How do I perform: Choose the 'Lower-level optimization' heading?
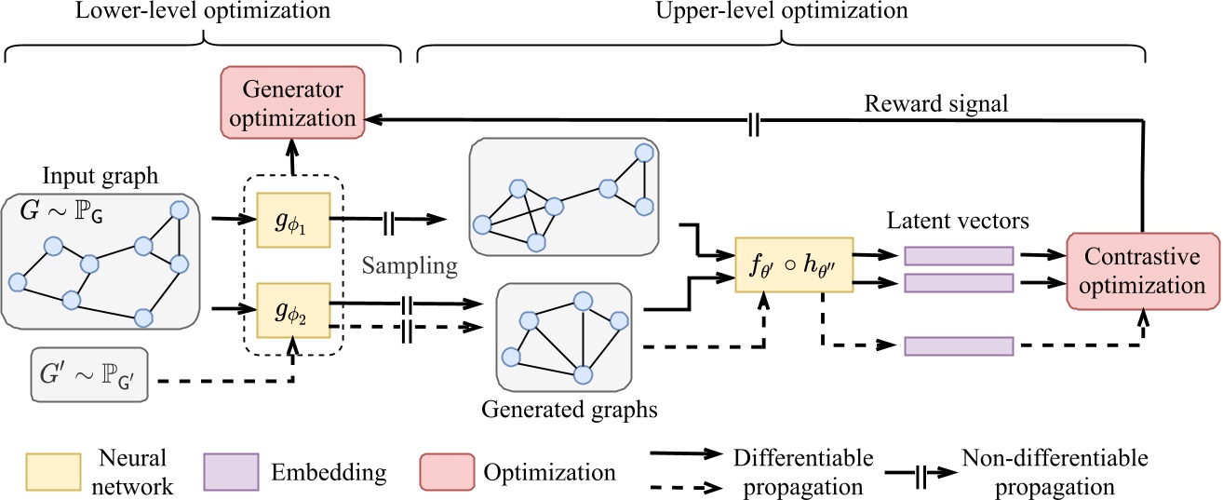pos(202,12)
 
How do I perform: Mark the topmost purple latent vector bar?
pos(957,254)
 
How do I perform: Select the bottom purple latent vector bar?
pos(957,345)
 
